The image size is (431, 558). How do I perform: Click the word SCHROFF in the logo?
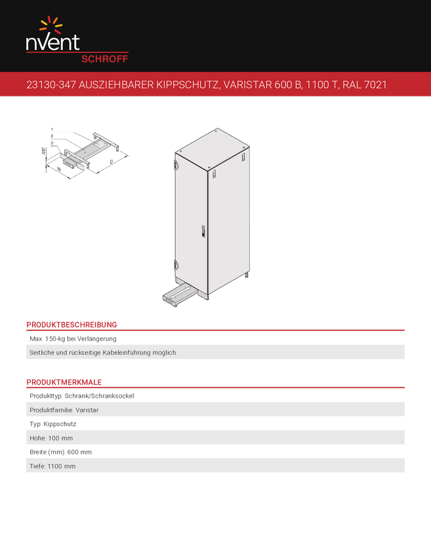(x=104, y=59)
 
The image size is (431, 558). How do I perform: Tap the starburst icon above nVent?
(x=51, y=24)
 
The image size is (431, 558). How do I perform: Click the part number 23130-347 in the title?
(x=51, y=85)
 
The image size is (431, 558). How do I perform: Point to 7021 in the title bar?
(x=375, y=85)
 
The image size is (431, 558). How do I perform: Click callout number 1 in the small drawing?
(x=52, y=129)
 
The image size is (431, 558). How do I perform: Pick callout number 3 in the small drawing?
(x=52, y=142)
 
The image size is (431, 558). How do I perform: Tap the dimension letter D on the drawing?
(x=112, y=162)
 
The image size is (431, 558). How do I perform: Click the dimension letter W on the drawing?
(x=58, y=169)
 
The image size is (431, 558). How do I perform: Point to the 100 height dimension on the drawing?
(x=43, y=150)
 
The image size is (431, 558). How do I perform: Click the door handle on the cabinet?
(x=203, y=231)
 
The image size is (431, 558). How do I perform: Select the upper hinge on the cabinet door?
(x=176, y=163)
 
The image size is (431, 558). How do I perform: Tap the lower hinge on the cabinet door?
(x=176, y=265)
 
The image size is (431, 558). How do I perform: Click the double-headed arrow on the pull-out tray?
(x=180, y=293)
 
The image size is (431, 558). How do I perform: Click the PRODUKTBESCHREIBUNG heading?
(x=72, y=324)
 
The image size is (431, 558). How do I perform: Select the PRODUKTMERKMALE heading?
(x=64, y=382)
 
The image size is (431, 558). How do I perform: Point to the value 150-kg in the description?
(x=55, y=339)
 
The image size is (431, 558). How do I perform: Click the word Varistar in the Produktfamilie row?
(x=87, y=410)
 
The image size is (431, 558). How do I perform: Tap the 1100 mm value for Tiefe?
(x=62, y=466)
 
